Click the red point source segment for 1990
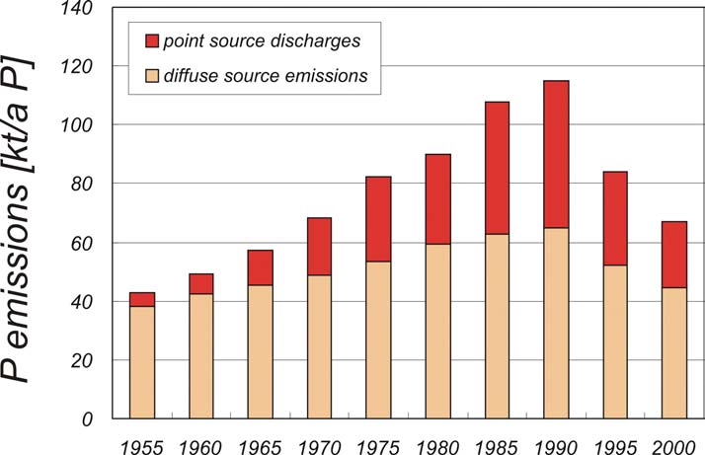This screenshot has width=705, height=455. click(556, 154)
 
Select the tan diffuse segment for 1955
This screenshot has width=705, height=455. click(141, 362)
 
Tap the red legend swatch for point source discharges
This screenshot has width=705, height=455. click(151, 41)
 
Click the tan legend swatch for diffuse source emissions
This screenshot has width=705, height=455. click(151, 76)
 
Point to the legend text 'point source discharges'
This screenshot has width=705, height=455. click(248, 41)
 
